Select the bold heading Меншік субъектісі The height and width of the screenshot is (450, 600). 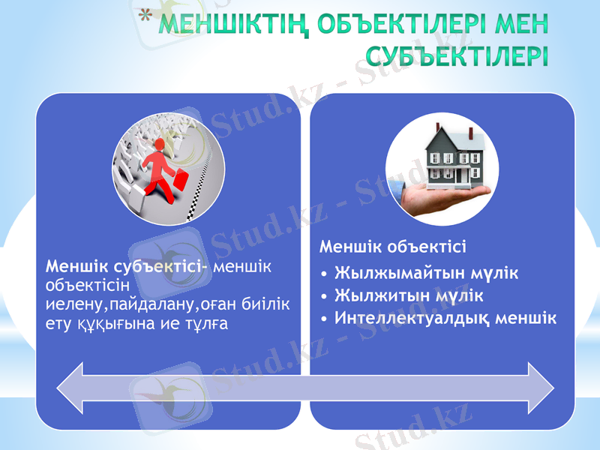(127, 267)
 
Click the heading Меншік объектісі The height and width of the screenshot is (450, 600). (392, 247)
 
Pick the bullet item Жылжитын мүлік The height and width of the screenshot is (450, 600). (409, 295)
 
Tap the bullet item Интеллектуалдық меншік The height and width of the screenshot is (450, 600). (445, 318)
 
